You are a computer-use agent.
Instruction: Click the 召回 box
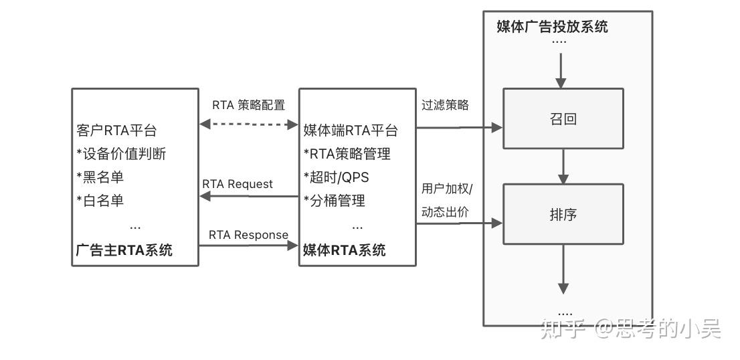tap(563, 118)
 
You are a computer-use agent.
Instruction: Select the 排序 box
tap(563, 214)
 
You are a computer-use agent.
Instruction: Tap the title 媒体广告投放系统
tap(552, 27)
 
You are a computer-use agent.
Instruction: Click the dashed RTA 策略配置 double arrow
tap(249, 124)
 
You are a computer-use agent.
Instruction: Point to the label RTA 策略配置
tap(248, 105)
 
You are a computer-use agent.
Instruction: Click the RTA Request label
tap(238, 184)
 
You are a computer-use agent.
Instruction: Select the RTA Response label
tap(248, 235)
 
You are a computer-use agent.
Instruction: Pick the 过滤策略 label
tap(445, 105)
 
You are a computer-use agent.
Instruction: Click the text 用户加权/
tap(446, 189)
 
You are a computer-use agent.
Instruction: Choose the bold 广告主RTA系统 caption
tap(124, 250)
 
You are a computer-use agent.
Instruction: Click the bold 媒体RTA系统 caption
tap(344, 250)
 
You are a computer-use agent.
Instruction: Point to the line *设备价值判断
tap(121, 154)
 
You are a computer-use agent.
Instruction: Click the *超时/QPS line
tap(336, 177)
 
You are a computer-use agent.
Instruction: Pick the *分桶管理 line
tap(335, 200)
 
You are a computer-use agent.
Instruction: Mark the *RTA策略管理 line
tap(347, 154)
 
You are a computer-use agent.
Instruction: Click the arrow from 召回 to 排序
tap(563, 166)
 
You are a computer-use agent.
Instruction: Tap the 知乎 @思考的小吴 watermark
tap(630, 329)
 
